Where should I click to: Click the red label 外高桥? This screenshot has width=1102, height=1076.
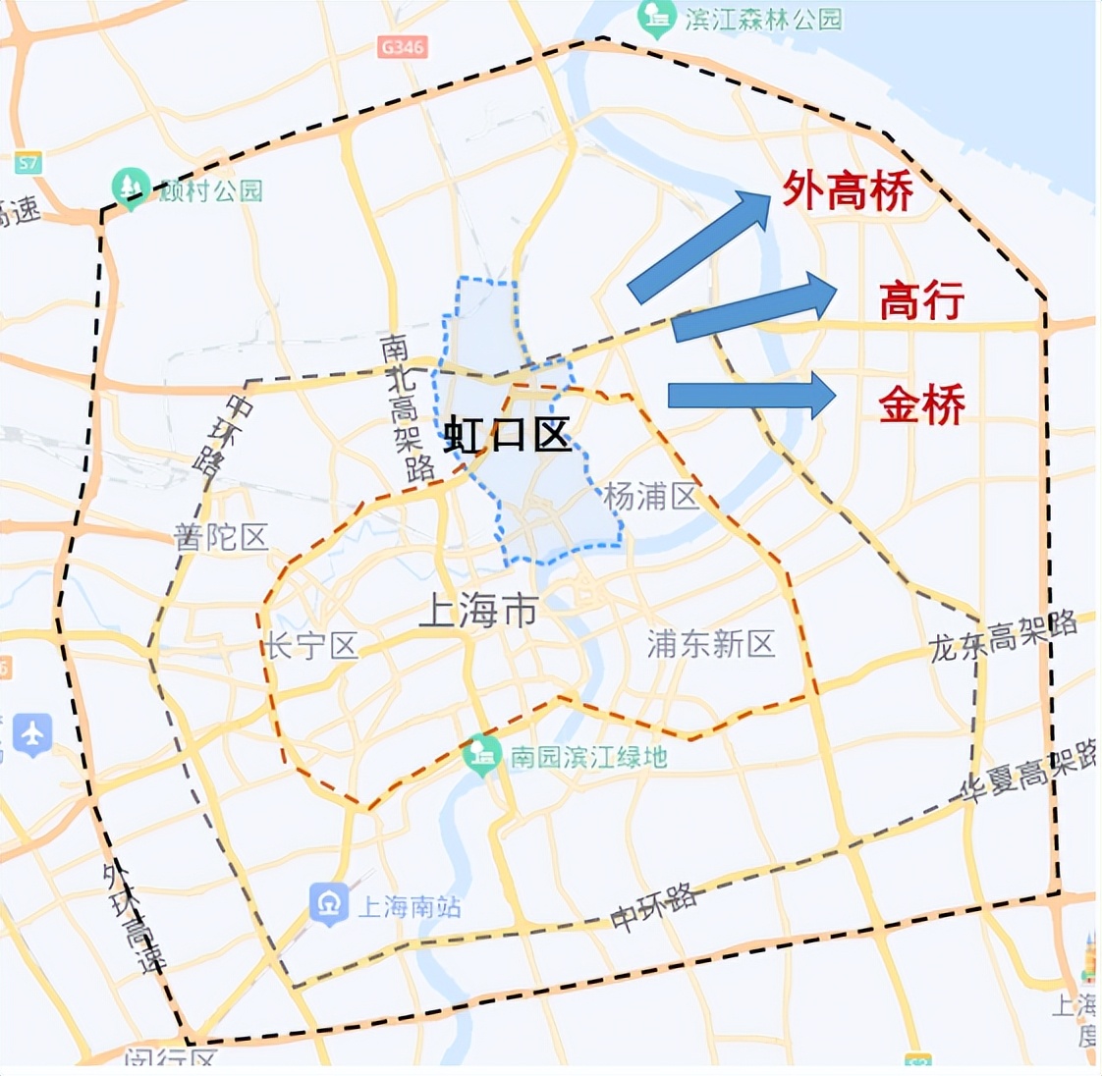pos(847,190)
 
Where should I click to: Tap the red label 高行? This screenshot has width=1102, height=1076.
pos(921,300)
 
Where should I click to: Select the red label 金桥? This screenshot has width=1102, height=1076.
pos(921,403)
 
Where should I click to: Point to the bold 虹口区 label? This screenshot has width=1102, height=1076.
pos(508,434)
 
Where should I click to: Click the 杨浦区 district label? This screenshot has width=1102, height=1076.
pos(651,497)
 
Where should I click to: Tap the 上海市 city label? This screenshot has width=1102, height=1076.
pos(478,612)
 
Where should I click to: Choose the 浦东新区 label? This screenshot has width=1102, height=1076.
pos(711,644)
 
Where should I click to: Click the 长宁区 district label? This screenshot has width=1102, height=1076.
pos(310,646)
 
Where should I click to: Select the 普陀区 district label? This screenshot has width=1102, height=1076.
pos(221,536)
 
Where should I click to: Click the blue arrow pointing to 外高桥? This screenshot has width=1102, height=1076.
pos(699,245)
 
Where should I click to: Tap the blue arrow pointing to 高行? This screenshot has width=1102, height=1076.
pos(753,307)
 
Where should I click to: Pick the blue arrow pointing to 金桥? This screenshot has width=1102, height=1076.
pos(751,396)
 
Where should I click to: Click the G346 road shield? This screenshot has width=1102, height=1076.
pos(403,46)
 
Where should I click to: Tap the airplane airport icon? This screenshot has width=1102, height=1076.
pos(32,733)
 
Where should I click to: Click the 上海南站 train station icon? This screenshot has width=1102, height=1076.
pos(329,904)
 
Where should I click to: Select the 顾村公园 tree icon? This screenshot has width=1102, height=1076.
pos(131,187)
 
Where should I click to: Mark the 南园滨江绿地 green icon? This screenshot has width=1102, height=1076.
pos(481,754)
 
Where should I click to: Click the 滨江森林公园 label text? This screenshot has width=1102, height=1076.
pos(763,18)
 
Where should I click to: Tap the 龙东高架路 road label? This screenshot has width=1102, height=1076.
pos(1003,636)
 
